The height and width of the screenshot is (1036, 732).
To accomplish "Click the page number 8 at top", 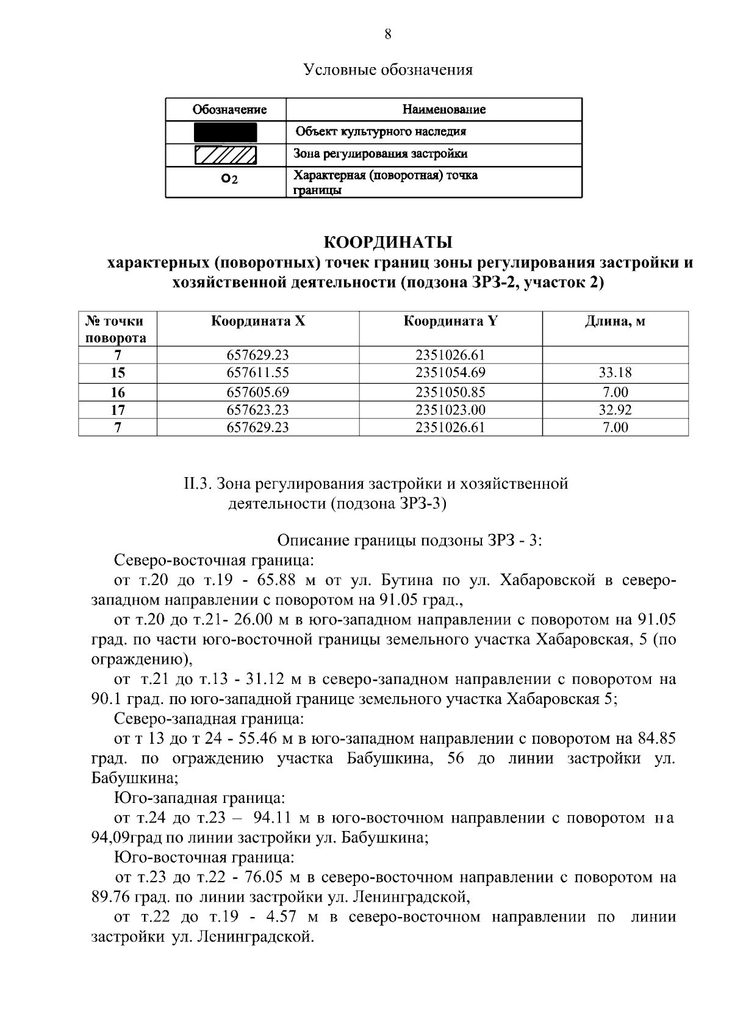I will point(388,34).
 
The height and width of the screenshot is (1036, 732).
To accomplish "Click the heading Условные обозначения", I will point(388,70).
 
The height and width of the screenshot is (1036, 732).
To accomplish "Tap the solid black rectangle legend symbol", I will point(226,132).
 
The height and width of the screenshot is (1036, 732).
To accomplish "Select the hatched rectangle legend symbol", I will point(226,154).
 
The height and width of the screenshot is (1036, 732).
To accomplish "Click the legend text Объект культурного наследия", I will point(381,132).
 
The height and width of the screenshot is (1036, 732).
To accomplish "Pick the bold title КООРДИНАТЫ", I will point(387,242).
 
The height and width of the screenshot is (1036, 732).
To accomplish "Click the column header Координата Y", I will point(450,321).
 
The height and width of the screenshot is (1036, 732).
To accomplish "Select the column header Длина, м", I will point(615,321).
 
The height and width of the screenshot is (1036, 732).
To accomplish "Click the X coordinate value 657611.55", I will point(257,372).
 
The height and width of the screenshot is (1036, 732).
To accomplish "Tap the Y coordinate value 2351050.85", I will point(450,392).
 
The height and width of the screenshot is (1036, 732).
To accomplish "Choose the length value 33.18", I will point(615,372).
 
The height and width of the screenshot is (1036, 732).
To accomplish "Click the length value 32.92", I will point(615,410).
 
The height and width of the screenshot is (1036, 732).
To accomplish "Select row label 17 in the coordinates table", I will point(118,410).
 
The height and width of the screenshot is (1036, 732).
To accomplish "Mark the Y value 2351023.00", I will point(450,410).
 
